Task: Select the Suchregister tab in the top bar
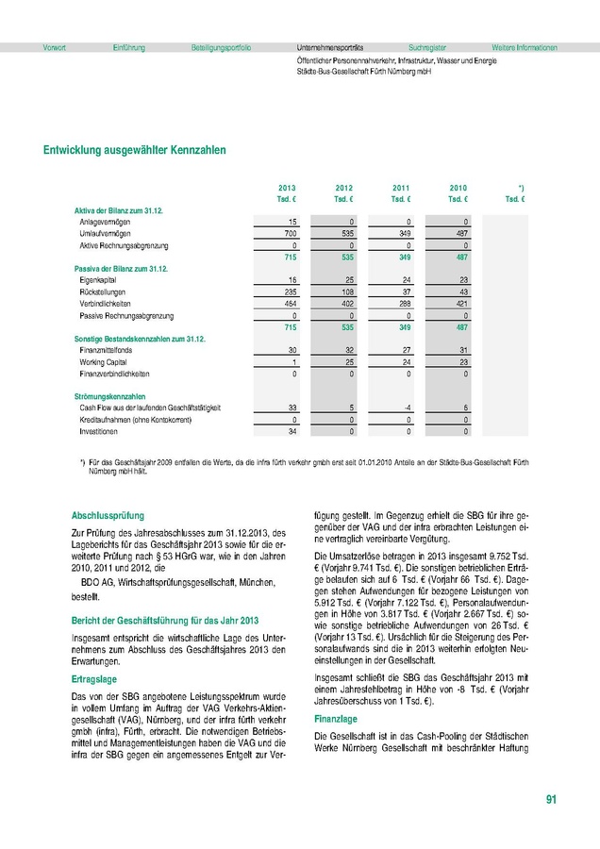427,47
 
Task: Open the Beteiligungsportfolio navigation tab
221,47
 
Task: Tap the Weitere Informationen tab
525,47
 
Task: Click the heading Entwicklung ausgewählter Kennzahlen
134,149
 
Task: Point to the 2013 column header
287,189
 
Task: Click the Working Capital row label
103,362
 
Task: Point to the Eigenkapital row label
100,281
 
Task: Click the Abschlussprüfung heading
108,516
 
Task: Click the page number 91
551,800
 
